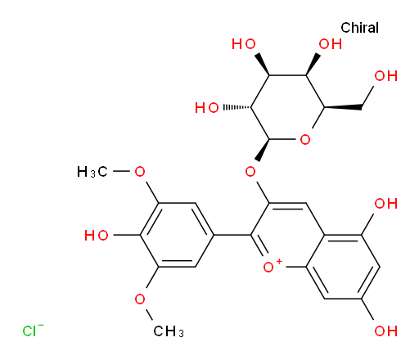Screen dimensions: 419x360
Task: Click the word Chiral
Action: pos(359,28)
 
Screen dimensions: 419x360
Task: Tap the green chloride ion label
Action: pos(33,331)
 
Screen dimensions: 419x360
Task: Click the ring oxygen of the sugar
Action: pos(305,140)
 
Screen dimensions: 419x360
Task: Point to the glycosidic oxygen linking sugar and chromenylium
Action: pos(250,172)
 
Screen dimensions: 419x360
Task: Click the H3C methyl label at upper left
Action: pos(92,172)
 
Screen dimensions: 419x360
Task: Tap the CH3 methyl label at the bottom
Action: pos(169,331)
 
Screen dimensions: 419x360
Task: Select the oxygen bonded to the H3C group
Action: pos(140,172)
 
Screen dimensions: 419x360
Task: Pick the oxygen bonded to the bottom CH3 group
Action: pos(140,299)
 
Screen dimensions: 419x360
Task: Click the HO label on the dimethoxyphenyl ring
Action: pos(97,235)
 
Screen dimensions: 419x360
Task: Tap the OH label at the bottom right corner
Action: pos(385,331)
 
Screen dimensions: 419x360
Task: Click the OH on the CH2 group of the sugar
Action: pos(385,76)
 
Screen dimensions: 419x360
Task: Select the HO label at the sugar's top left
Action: pos(244,44)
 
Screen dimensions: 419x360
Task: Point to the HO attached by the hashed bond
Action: pos(207,108)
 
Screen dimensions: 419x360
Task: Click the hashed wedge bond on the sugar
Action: pos(237,107)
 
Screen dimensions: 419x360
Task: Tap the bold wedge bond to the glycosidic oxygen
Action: pos(263,150)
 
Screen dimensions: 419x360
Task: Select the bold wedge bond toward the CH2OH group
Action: pos(343,107)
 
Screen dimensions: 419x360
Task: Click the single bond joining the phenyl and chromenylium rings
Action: pos(232,235)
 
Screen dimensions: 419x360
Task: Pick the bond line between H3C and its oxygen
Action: pos(121,172)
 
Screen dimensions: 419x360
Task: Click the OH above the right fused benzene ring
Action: pos(385,204)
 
